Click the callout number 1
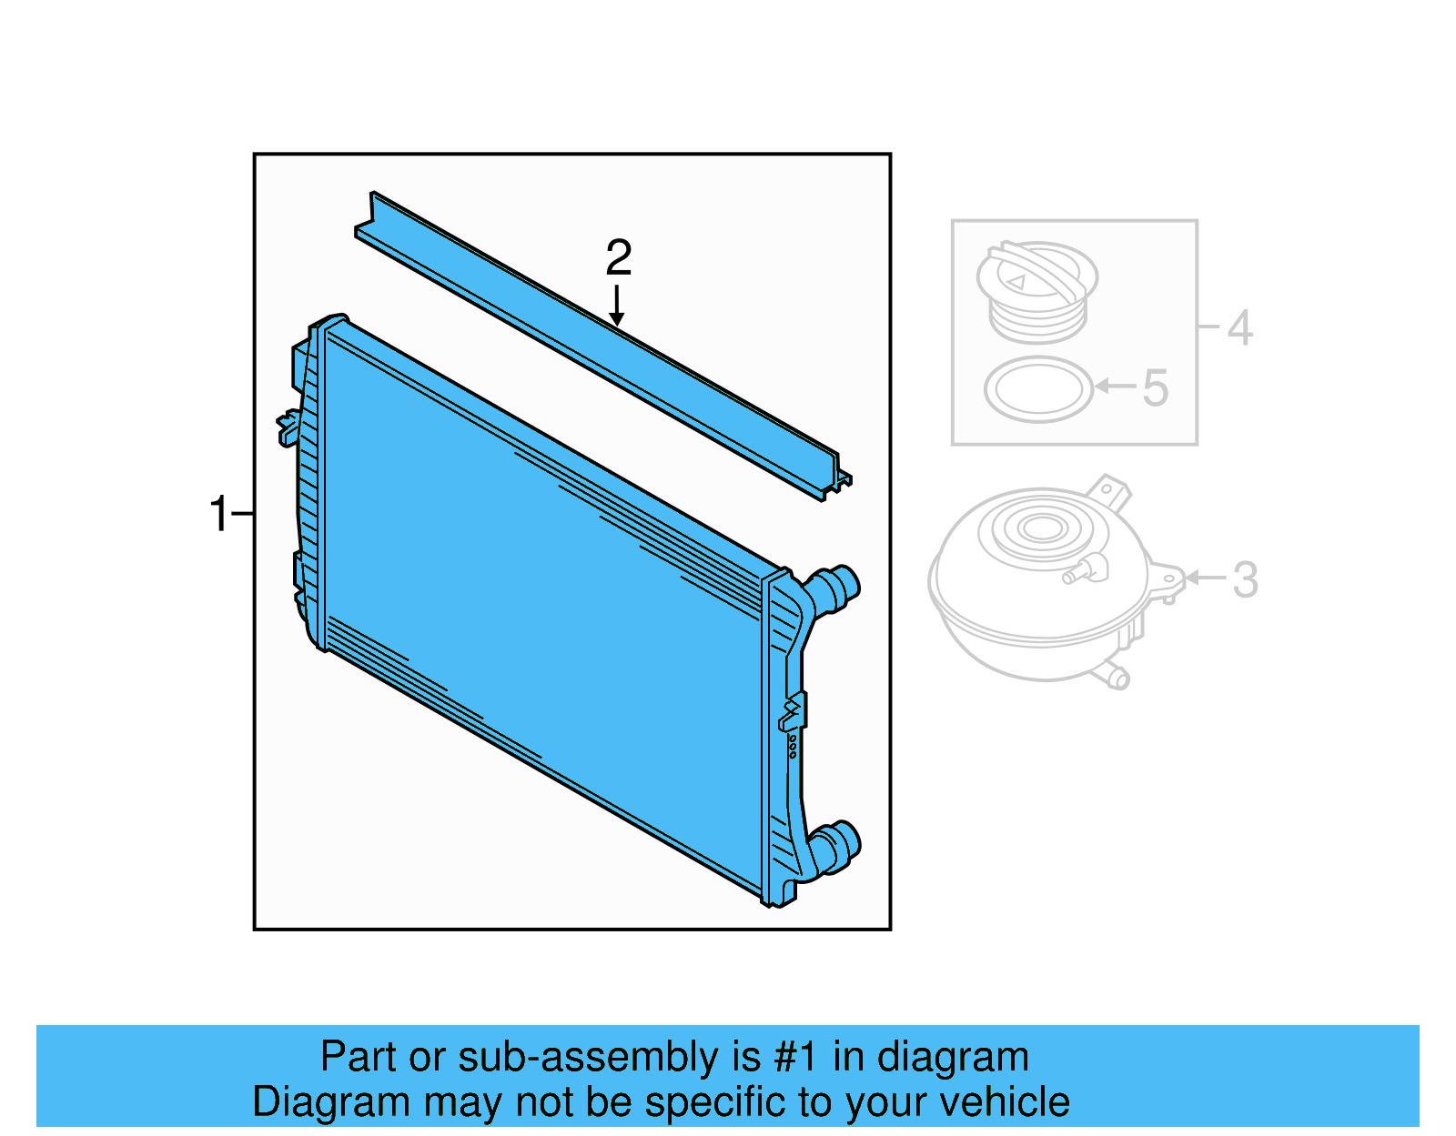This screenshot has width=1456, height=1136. [219, 514]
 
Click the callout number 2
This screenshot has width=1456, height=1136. [619, 258]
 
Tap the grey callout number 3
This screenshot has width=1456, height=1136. [1245, 579]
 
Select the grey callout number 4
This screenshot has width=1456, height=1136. [1239, 327]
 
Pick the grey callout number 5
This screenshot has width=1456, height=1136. [1155, 388]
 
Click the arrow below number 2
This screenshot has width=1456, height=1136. [617, 306]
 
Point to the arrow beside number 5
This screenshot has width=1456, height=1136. [1115, 387]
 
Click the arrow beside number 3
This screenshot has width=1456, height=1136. [1206, 578]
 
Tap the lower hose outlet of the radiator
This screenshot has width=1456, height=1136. [836, 845]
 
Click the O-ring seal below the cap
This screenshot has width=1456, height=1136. [1038, 389]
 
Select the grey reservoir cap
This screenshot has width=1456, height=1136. [1037, 289]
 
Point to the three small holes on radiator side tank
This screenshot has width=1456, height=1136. [793, 747]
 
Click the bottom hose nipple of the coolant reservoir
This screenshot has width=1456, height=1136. [1115, 677]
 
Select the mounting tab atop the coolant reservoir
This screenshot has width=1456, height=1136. [1110, 490]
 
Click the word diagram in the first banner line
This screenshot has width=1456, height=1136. [953, 1058]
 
